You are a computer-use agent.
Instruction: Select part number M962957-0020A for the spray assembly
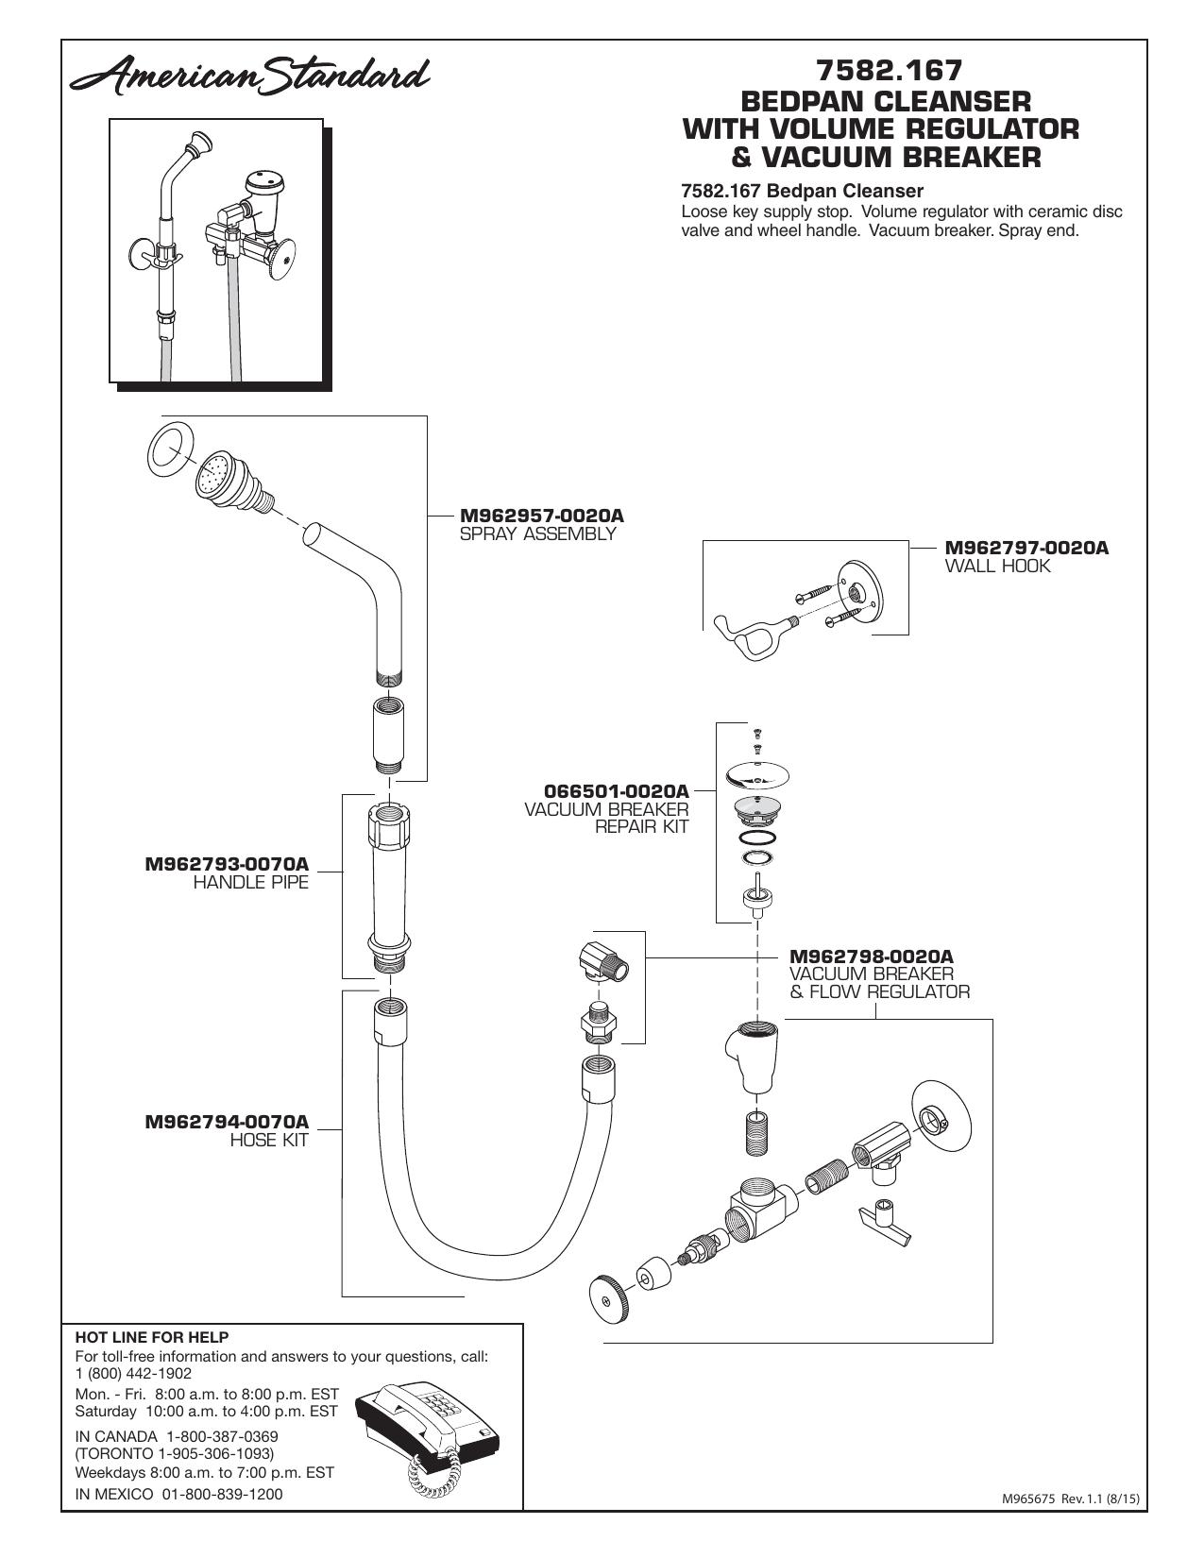(x=541, y=516)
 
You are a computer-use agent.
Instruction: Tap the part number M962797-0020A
(x=1026, y=548)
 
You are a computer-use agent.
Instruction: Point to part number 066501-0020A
(x=617, y=791)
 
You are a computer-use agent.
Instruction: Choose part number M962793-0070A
(x=227, y=864)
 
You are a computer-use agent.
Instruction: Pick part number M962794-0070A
(x=227, y=1122)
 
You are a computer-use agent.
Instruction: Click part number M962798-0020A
(x=872, y=957)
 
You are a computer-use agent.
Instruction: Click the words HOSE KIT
(x=269, y=1140)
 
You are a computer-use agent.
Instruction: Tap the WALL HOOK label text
(x=997, y=566)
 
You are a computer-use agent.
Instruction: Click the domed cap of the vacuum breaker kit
(x=757, y=775)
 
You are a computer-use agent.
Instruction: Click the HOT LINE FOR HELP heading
(x=152, y=1337)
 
